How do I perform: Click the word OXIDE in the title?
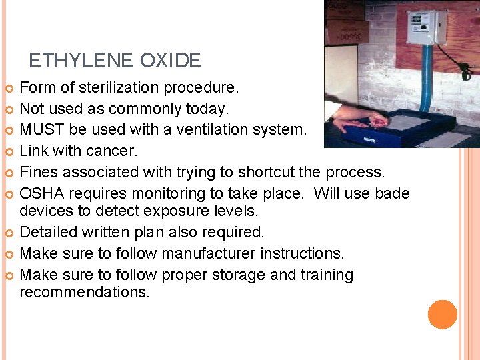pyautogui.click(x=170, y=61)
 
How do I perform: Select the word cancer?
pyautogui.click(x=113, y=151)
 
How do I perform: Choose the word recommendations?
pyautogui.click(x=85, y=292)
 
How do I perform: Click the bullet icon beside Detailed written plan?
pyautogui.click(x=9, y=233)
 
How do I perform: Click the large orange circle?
pyautogui.click(x=443, y=315)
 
